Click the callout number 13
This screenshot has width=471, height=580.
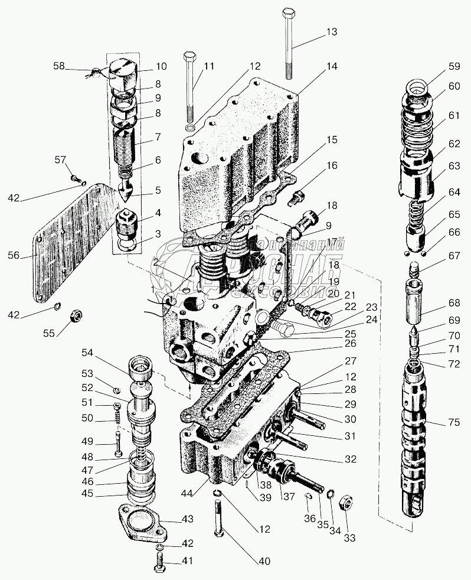[x=332, y=32]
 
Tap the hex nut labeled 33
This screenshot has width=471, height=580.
[x=347, y=504]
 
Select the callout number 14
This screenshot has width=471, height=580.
[x=332, y=67]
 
